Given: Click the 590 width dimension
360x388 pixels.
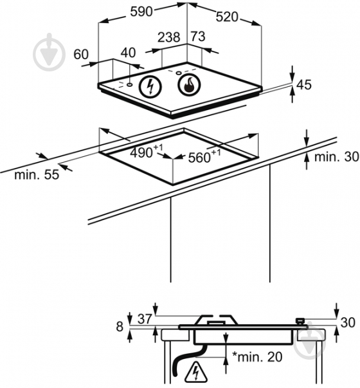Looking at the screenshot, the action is (141, 12).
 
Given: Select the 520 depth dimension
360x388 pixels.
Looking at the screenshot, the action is (227, 17).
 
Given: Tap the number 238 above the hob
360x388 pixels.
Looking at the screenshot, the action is (169, 37).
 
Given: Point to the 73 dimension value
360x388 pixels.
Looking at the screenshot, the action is (198, 37).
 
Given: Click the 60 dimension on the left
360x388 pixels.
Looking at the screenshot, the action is (81, 54).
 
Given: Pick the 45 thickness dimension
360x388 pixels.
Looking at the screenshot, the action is (304, 85).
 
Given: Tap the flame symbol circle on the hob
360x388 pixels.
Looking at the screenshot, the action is (189, 85).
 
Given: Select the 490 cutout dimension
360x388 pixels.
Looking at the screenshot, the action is (147, 151).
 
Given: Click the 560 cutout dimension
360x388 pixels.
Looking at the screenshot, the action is (204, 156).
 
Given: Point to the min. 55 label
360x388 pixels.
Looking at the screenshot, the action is (37, 175).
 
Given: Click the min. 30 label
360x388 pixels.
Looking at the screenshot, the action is (336, 156).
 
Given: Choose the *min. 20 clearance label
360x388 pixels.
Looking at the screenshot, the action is (257, 356).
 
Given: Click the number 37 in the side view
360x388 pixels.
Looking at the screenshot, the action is (145, 319).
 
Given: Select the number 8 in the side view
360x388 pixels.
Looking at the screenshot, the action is (120, 326).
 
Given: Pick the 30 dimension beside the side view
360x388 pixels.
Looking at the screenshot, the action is (348, 322).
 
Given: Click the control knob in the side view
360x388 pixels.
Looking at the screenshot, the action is (300, 321).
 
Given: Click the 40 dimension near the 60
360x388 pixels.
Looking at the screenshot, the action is (129, 53).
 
